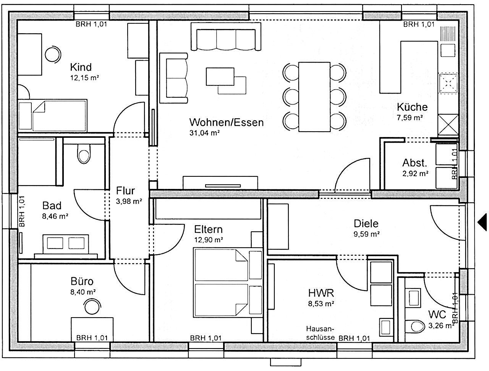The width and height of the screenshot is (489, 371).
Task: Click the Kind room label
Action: [x=81, y=67]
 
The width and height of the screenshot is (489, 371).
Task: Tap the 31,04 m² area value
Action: [x=204, y=133]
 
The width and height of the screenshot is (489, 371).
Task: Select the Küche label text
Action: [x=412, y=107]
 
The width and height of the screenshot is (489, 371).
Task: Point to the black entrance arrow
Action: [x=483, y=222]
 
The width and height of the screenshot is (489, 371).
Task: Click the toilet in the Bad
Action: [x=84, y=154]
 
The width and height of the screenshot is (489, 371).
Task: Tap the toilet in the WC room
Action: [x=415, y=327]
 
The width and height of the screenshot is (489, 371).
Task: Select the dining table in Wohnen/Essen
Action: [x=314, y=97]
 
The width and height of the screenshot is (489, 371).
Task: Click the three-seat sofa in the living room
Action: [x=226, y=37]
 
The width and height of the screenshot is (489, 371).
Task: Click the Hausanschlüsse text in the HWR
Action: [x=320, y=333]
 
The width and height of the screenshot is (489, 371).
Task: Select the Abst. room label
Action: [x=415, y=163]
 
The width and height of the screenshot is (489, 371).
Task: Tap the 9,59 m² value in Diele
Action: [x=366, y=234]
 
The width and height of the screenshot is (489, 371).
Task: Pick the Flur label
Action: [x=125, y=191]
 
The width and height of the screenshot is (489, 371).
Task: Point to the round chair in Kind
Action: [x=53, y=54]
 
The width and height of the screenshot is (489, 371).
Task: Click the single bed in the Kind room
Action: [x=53, y=116]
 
